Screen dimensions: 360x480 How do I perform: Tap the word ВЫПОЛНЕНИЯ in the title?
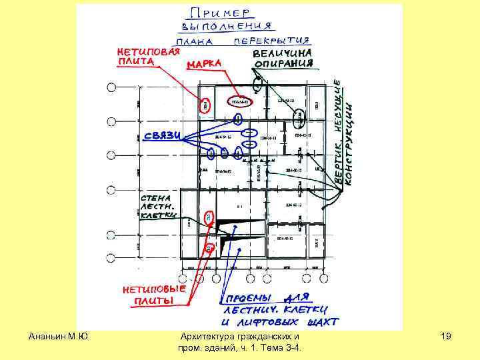tap(227, 27)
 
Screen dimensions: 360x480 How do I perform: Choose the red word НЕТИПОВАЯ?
tap(147, 51)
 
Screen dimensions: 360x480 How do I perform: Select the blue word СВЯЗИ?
tap(163, 135)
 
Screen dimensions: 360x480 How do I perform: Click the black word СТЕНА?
tap(155, 198)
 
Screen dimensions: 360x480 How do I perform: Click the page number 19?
tap(446, 338)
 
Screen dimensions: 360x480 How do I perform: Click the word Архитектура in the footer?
tap(211, 338)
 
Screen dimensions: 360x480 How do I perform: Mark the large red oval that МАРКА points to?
tap(239, 102)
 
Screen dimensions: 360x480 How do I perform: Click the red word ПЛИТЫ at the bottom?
tap(148, 302)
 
